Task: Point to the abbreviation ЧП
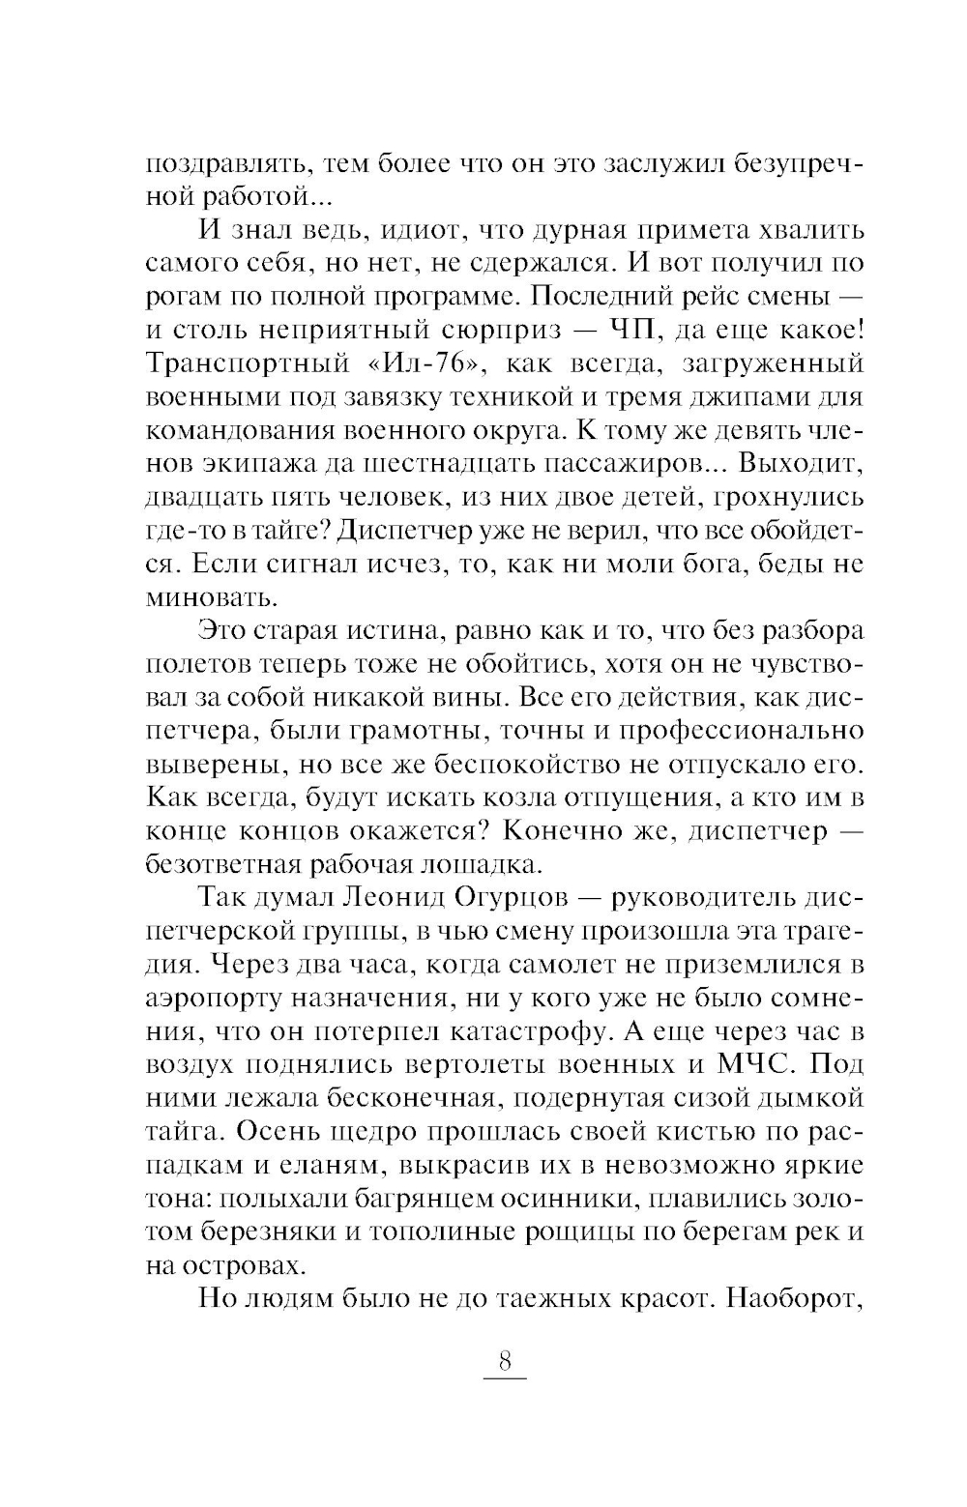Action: click(635, 330)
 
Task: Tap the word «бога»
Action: click(701, 563)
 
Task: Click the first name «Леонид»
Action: click(394, 897)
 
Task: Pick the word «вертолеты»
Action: click(520, 1064)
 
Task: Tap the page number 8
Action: click(504, 1361)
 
